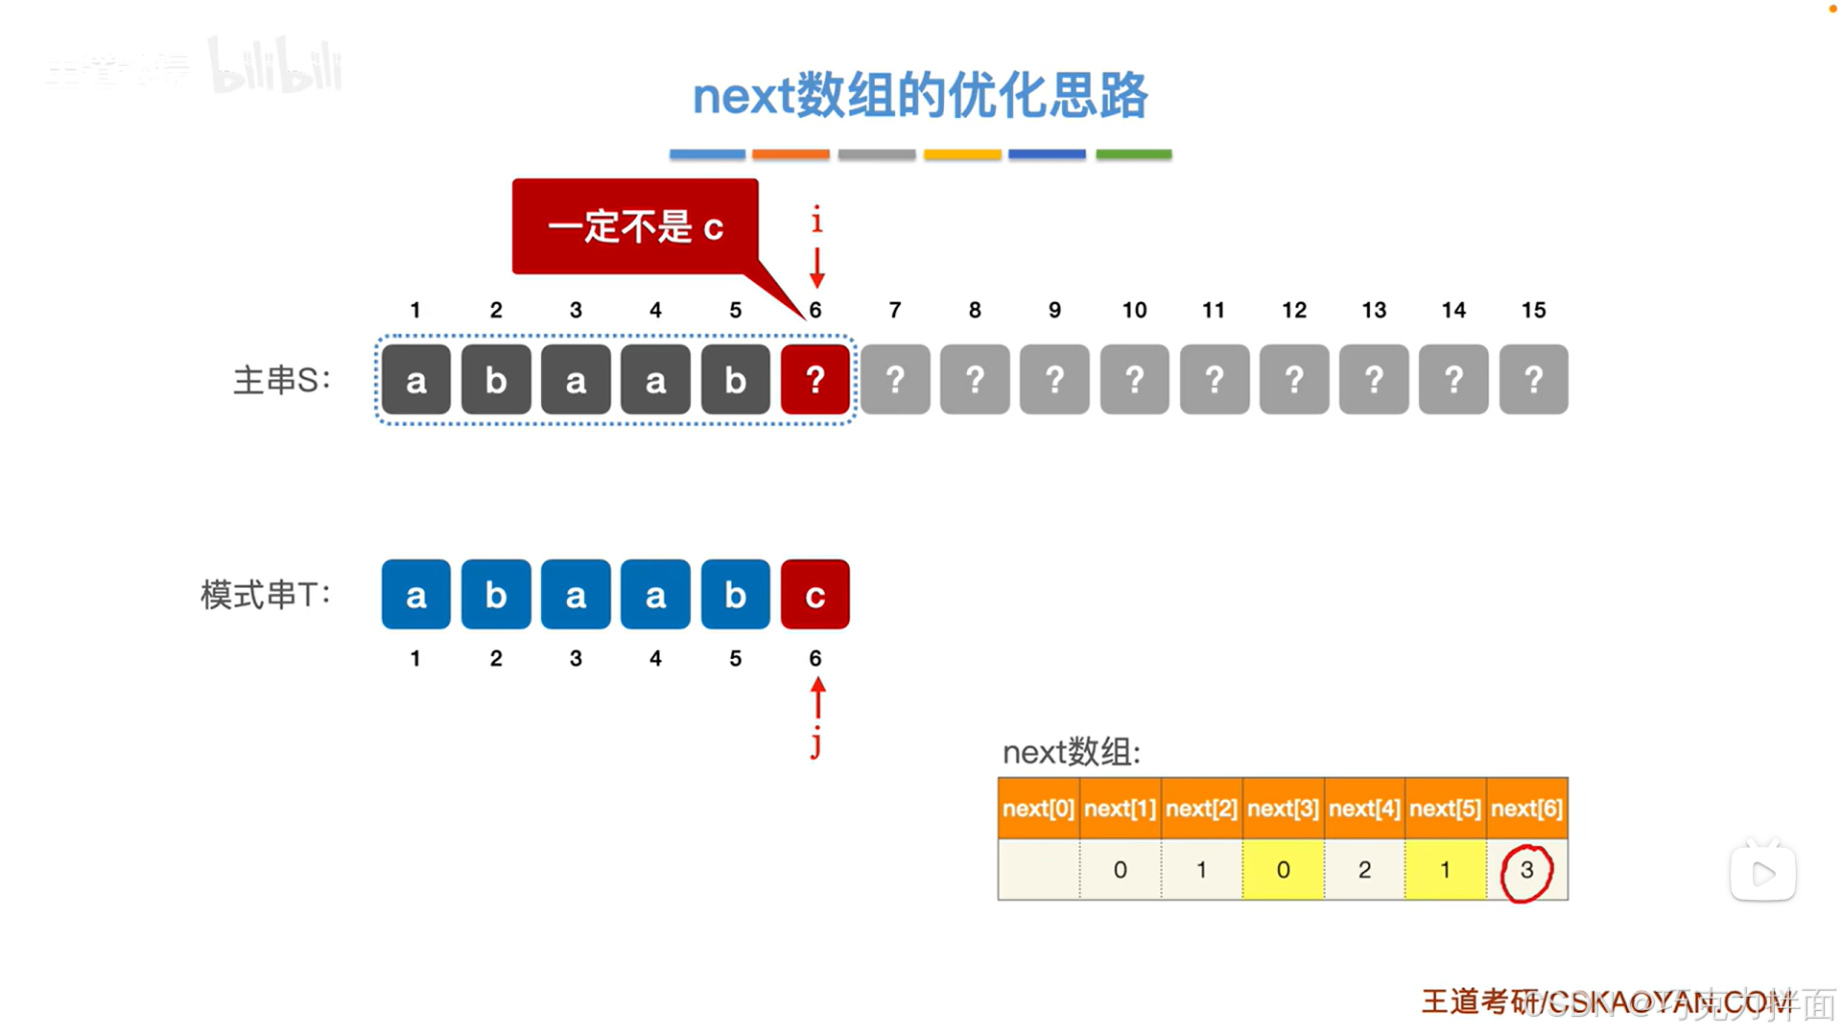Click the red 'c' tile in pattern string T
(x=814, y=595)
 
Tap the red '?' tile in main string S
(x=814, y=380)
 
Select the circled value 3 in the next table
(x=1526, y=871)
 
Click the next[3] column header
(x=1283, y=809)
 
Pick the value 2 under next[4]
(x=1364, y=870)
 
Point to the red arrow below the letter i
(x=817, y=268)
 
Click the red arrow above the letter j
(x=817, y=697)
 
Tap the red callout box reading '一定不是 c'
(x=635, y=227)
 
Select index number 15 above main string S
(x=1533, y=311)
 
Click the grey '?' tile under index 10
(x=1134, y=380)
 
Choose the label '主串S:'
(x=282, y=381)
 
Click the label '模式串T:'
(x=266, y=596)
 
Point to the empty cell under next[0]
(x=1038, y=870)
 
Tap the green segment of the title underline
(x=1133, y=154)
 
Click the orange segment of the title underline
(x=791, y=154)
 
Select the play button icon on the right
(x=1762, y=873)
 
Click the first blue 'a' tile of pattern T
(x=415, y=595)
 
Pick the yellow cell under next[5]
(x=1445, y=870)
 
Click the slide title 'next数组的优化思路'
(x=919, y=96)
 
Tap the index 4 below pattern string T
(x=655, y=659)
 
